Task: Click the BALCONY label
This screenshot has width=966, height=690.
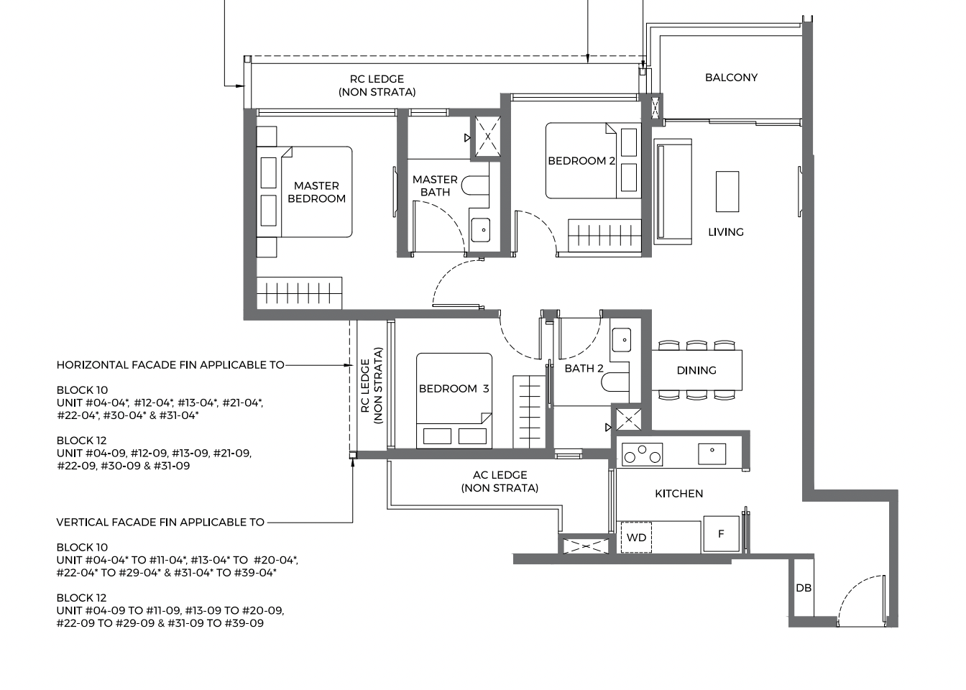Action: click(x=731, y=78)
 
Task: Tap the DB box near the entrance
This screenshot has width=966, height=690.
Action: click(x=804, y=587)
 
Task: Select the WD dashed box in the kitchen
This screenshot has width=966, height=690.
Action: click(x=636, y=537)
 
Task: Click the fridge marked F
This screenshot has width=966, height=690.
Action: click(x=721, y=533)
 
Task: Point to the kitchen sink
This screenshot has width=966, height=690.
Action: click(x=712, y=454)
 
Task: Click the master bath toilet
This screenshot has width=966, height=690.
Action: click(x=475, y=185)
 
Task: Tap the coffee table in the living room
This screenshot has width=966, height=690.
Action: click(x=727, y=191)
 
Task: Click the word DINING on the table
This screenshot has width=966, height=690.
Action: click(x=696, y=370)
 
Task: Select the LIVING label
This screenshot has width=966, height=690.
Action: click(x=726, y=232)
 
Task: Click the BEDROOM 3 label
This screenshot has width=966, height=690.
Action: click(x=454, y=389)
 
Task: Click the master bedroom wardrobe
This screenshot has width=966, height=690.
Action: click(x=299, y=293)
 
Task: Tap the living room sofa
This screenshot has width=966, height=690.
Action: click(x=673, y=191)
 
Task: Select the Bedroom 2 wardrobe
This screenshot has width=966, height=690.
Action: click(x=604, y=236)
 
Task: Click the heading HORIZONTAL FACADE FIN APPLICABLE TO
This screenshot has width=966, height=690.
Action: click(x=170, y=365)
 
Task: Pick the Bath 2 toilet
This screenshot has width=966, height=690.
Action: click(x=615, y=382)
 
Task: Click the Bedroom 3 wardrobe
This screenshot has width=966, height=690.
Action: click(x=529, y=411)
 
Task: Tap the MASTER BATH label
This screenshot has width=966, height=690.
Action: click(x=435, y=186)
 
